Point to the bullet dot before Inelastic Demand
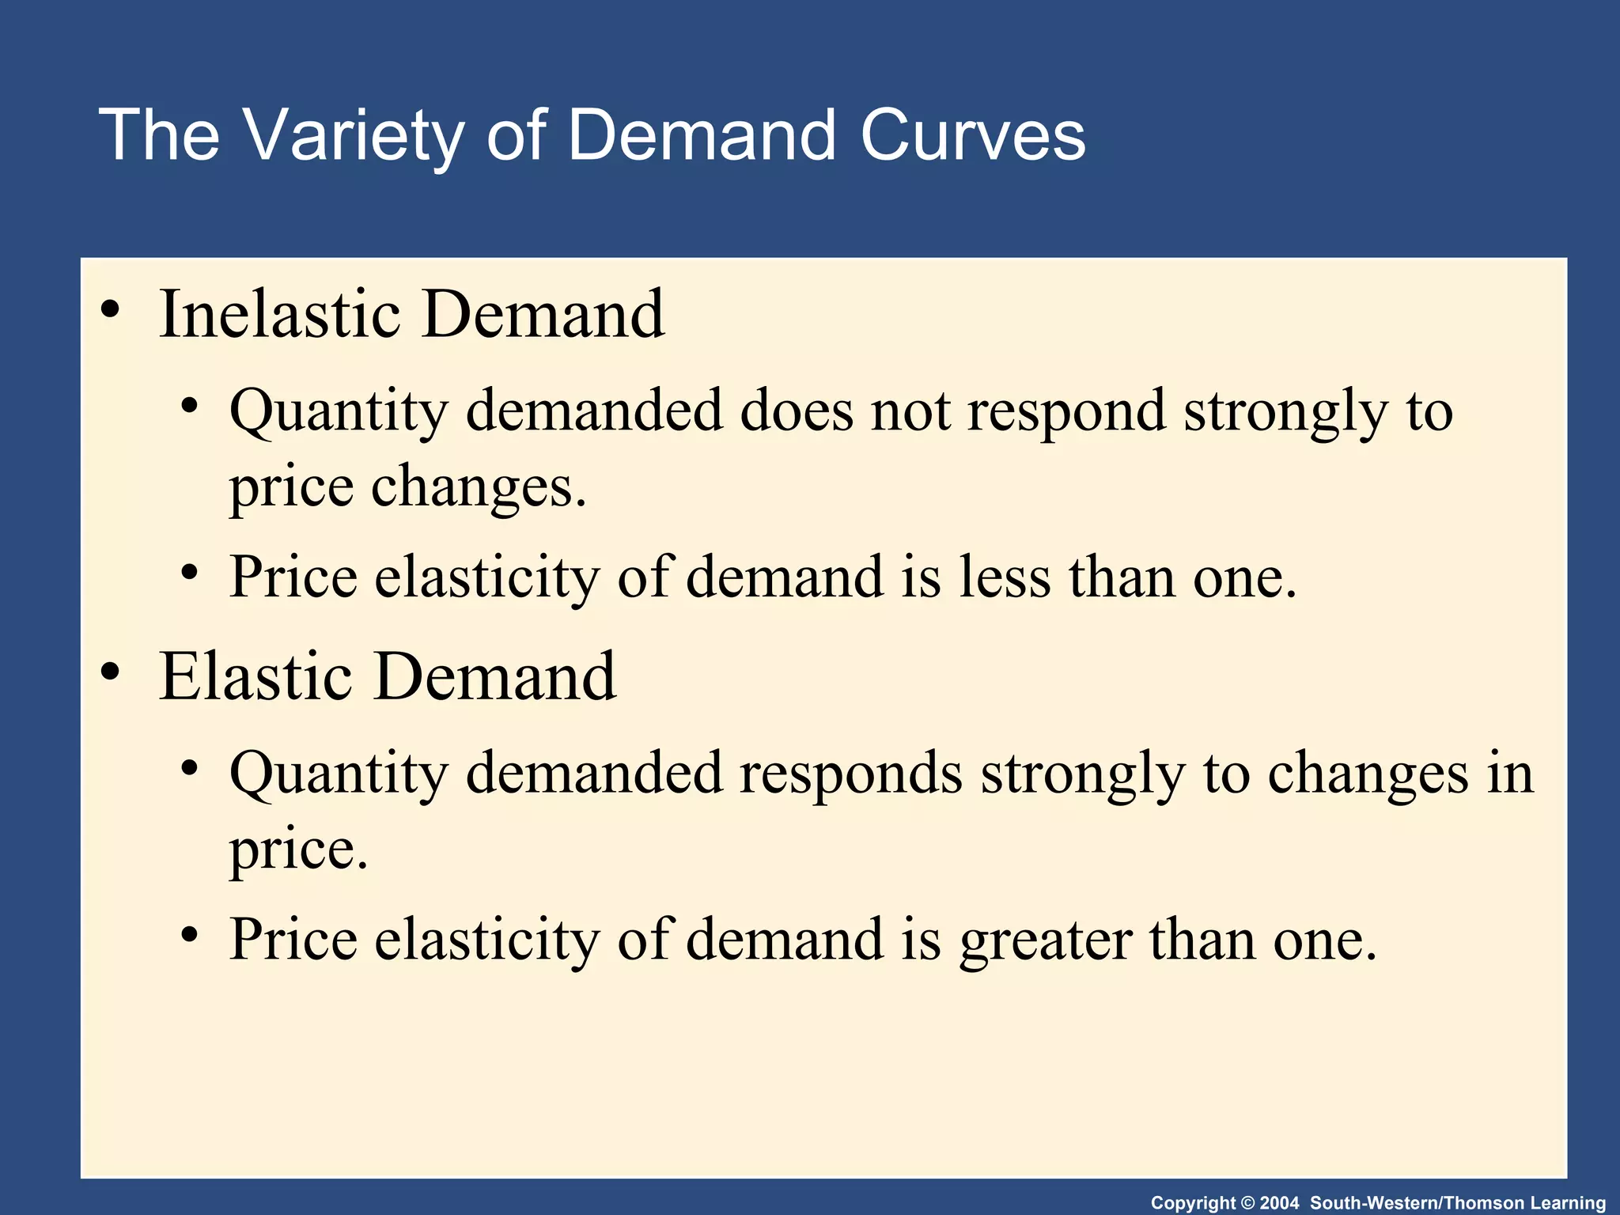pyautogui.click(x=111, y=309)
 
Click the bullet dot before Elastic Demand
pyautogui.click(x=111, y=672)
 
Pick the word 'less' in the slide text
pyautogui.click(x=1005, y=577)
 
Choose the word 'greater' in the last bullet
pyautogui.click(x=1045, y=940)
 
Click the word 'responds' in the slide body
pyautogui.click(x=851, y=774)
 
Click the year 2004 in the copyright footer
pyautogui.click(x=1279, y=1203)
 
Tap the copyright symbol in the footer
pyautogui.click(x=1248, y=1203)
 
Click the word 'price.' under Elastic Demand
pyautogui.click(x=299, y=850)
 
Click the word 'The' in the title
pyautogui.click(x=159, y=136)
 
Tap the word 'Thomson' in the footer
pyautogui.click(x=1484, y=1203)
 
